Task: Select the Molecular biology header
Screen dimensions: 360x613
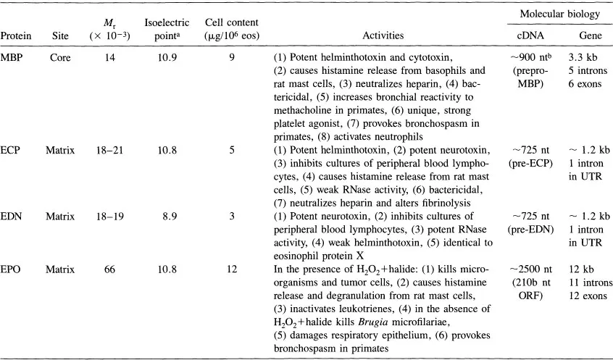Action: [563, 13]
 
